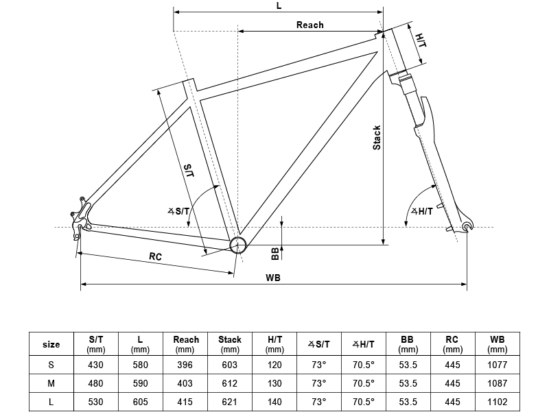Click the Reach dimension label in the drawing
pos(309,25)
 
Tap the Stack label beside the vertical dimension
pos(377,138)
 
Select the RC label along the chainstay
pos(155,256)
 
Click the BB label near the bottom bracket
pos(274,254)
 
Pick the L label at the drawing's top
pos(279,5)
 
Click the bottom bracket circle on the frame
pos(237,245)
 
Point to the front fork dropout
pos(468,226)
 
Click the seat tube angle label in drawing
pos(179,212)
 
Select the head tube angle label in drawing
pos(421,211)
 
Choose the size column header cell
pos(51,344)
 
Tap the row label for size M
pos(51,383)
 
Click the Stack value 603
pos(230,365)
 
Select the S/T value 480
pos(96,383)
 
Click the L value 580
pos(141,365)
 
